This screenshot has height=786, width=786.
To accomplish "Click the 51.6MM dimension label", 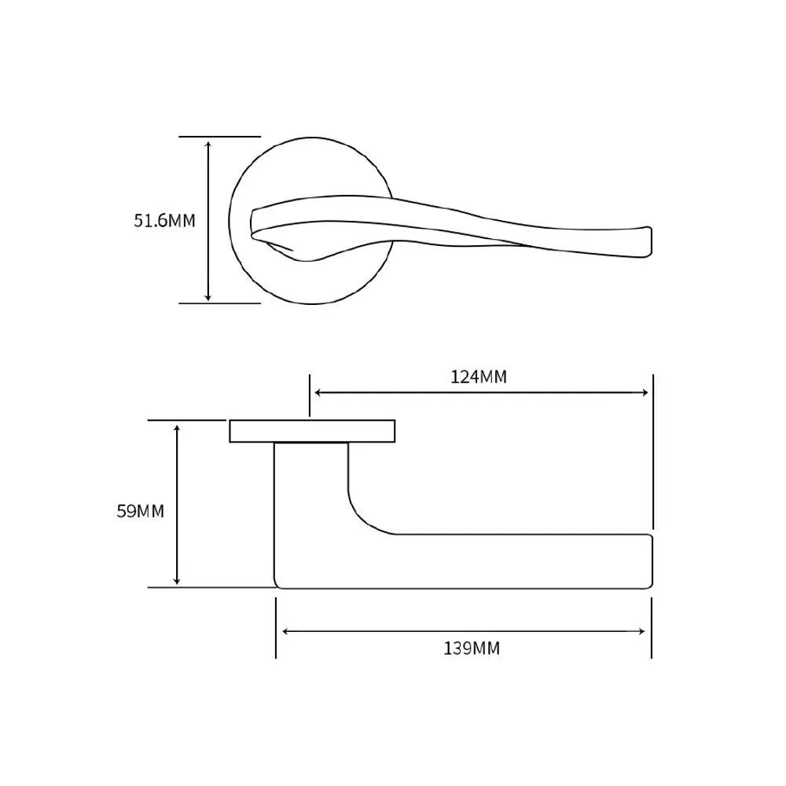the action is [164, 221].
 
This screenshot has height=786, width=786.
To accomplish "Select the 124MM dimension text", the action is [479, 377].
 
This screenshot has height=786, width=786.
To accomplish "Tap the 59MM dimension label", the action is [141, 511].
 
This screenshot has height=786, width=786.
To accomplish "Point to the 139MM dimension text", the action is [472, 648].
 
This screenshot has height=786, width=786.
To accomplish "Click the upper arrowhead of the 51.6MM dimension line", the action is [208, 144].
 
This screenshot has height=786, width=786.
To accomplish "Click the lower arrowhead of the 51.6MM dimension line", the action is [208, 298].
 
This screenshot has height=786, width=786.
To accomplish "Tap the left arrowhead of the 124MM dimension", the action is [318, 392].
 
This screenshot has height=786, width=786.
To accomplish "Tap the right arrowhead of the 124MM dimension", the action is [645, 392].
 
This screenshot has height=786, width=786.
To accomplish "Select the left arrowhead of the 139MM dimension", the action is [286, 632].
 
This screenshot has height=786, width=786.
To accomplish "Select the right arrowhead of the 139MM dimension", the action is [641, 632].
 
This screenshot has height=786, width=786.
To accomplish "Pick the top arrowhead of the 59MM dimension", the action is [176, 428].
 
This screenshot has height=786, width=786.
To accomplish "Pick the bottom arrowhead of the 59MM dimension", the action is [176, 581].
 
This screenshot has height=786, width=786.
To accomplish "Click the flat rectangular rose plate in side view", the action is [312, 431].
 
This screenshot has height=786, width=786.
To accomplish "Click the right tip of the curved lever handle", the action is [651, 242].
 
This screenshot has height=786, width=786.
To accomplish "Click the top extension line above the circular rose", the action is [219, 136].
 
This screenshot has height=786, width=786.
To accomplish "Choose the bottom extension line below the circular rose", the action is [219, 303].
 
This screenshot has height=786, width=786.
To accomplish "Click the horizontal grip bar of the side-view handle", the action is [501, 561].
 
